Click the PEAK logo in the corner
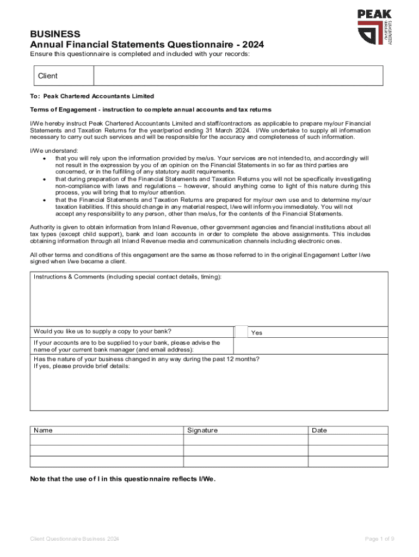[x=374, y=27]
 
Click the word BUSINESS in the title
[x=55, y=34]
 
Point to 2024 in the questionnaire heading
[x=254, y=45]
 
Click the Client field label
[x=47, y=76]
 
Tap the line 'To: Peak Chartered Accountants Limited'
[x=92, y=96]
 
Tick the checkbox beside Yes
[x=241, y=332]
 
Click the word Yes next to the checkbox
[x=256, y=332]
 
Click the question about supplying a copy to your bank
[x=102, y=331]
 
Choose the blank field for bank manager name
[x=311, y=346]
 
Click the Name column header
[x=43, y=430]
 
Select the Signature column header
[x=202, y=430]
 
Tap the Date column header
[x=319, y=430]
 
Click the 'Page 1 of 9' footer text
[x=379, y=539]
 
